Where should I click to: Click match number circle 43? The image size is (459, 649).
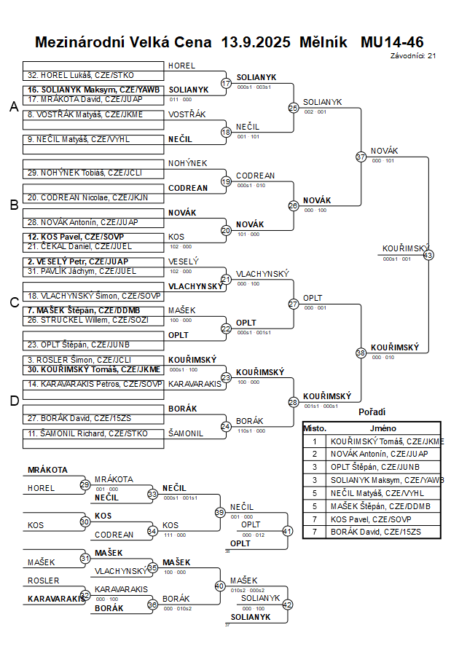(x=428, y=255)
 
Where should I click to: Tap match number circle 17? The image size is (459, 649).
(x=226, y=83)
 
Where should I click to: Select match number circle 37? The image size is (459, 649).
(x=361, y=156)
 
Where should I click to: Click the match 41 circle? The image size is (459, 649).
(x=287, y=531)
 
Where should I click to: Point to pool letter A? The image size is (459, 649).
(x=13, y=107)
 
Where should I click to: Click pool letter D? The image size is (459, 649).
(x=13, y=400)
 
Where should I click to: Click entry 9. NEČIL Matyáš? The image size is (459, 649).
(x=79, y=139)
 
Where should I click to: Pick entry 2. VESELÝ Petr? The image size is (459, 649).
(x=78, y=261)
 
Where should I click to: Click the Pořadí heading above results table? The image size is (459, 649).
(x=372, y=412)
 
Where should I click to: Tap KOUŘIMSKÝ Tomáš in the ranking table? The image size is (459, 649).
(x=386, y=441)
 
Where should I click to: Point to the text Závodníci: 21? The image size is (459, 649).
(x=413, y=55)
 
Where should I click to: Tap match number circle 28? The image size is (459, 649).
(x=294, y=402)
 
